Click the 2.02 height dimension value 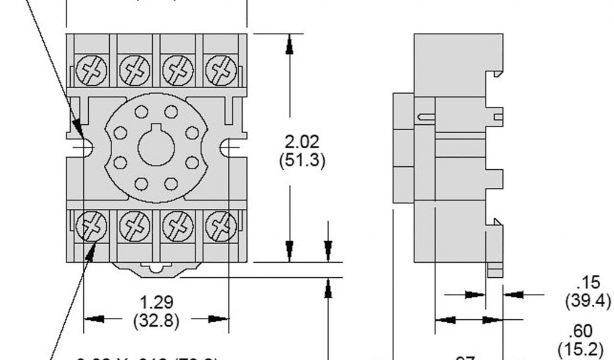[x=303, y=143]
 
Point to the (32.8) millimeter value [x=155, y=320]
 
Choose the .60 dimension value [x=582, y=331]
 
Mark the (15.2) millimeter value [x=582, y=348]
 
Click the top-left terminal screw [x=92, y=70]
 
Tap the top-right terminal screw [x=221, y=70]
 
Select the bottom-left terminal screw [x=92, y=227]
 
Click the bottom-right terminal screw [x=221, y=227]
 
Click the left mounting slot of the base [x=85, y=147]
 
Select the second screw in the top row [x=135, y=70]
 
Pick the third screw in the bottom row [x=178, y=227]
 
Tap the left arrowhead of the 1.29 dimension [x=92, y=319]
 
